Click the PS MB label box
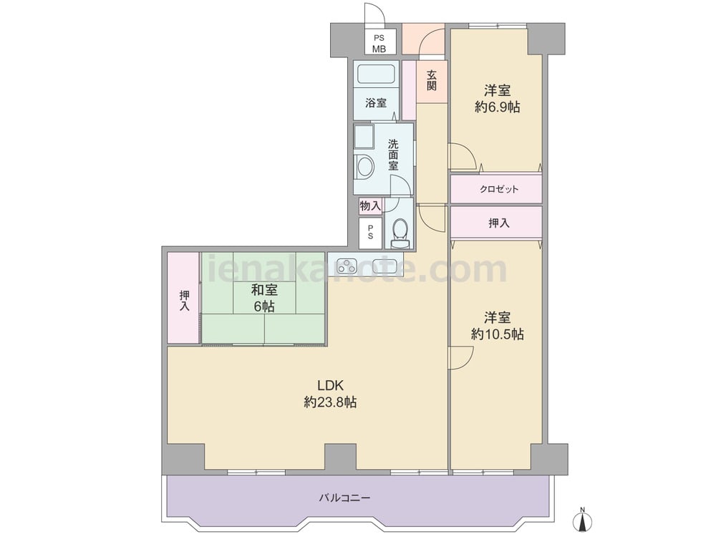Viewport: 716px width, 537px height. (379, 44)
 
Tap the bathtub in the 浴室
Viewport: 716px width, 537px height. (376, 74)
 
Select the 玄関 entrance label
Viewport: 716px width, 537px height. (432, 80)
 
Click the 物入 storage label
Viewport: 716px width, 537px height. (370, 206)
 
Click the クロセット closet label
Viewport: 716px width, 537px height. (498, 189)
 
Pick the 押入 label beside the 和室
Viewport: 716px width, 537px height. (184, 301)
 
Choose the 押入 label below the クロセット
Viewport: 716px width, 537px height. (498, 223)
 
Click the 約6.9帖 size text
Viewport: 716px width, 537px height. (498, 107)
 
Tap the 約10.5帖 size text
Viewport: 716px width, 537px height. (498, 334)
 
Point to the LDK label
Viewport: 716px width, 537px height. (330, 385)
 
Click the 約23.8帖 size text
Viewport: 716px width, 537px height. (330, 402)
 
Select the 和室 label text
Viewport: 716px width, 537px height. (264, 289)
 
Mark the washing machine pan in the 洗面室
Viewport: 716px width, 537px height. (364, 137)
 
